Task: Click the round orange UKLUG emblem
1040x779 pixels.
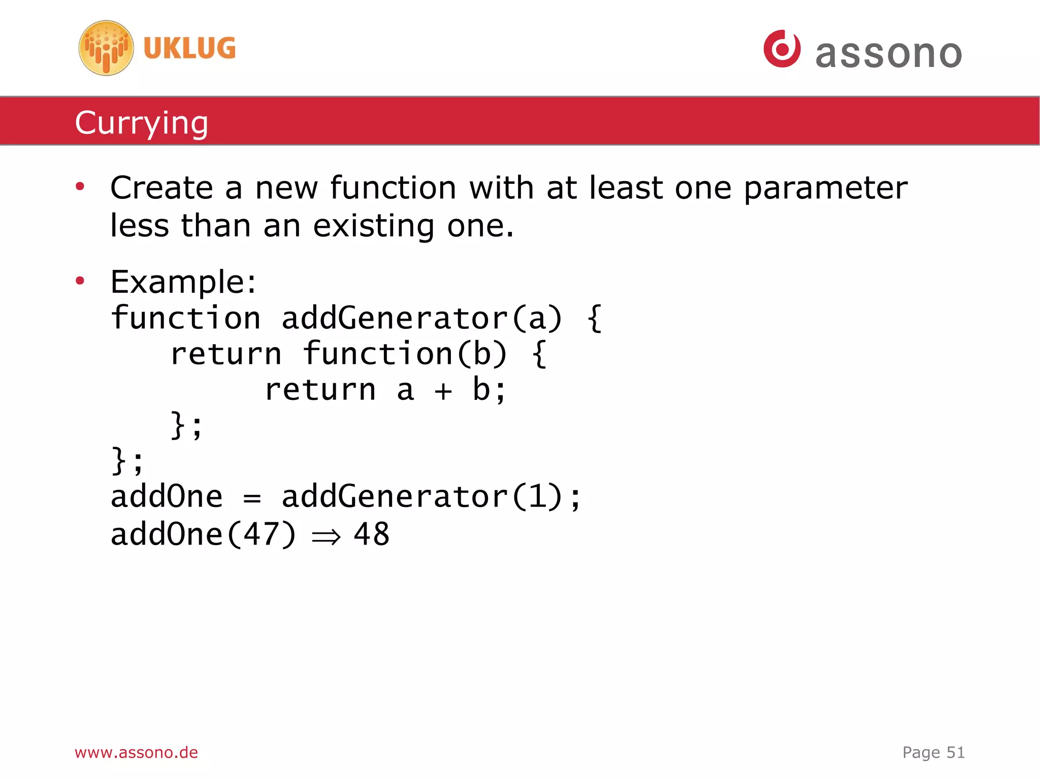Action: pos(106,48)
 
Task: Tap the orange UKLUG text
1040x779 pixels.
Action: pos(189,49)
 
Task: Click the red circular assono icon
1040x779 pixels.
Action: pos(782,49)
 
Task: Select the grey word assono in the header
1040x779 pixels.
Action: pos(889,54)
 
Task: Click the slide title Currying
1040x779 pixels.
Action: pos(142,123)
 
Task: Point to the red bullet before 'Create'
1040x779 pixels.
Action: pos(80,187)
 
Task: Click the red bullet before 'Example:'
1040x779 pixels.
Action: pos(80,281)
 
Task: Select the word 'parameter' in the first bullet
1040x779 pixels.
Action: pos(825,189)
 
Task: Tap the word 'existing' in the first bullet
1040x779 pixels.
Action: pos(374,226)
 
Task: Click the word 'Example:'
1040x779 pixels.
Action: pos(183,282)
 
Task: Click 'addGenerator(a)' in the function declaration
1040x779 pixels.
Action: pos(421,319)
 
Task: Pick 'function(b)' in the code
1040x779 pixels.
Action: pos(405,354)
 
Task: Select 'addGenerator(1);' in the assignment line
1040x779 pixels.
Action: pos(431,497)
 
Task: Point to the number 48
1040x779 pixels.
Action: pos(372,534)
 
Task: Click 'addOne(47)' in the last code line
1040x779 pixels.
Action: pos(203,535)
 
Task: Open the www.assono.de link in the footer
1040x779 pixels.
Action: pos(136,752)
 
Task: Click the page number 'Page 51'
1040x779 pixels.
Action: pos(933,752)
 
